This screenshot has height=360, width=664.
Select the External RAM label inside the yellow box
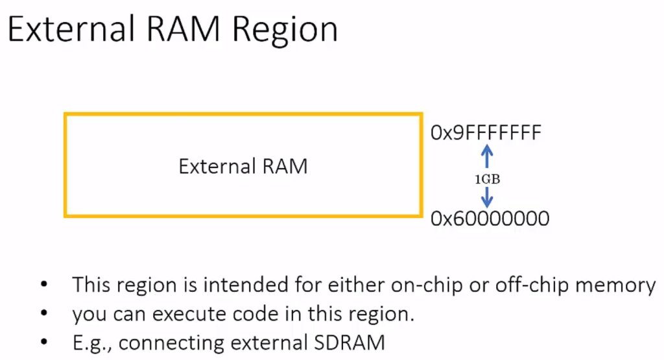coord(243,167)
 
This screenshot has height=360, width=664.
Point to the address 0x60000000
coord(490,219)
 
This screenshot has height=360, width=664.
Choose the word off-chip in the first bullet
coord(550,285)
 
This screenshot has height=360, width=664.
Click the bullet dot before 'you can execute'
coord(43,314)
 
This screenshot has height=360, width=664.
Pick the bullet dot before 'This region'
coord(43,285)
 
